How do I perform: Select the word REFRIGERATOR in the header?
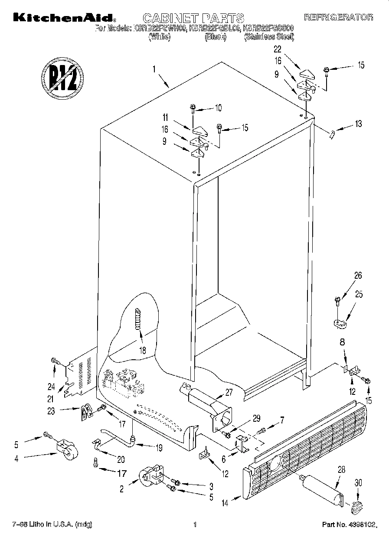tap(338, 17)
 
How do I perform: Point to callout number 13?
tap(358, 124)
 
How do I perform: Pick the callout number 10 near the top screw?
tap(218, 107)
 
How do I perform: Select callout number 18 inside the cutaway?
tap(142, 350)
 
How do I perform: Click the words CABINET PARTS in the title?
tap(193, 18)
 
